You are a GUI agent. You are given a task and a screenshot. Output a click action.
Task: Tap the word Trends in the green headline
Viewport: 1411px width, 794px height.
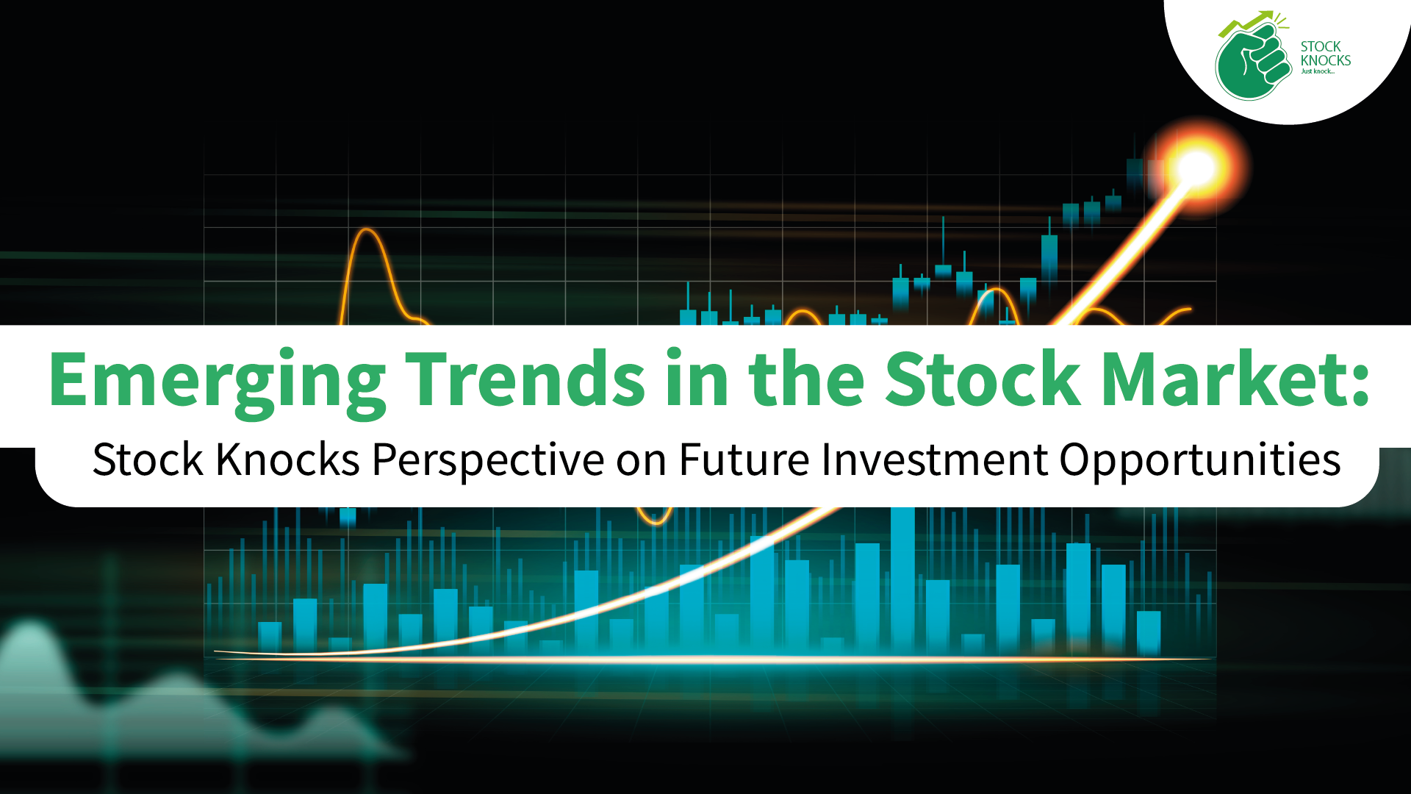click(x=525, y=378)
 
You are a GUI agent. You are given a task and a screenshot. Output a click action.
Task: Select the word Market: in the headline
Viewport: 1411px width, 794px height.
click(x=1235, y=378)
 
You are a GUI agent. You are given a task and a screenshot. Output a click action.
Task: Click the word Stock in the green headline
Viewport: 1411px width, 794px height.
click(x=983, y=378)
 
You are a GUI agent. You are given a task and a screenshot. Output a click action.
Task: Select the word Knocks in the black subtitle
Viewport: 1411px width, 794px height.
click(x=288, y=460)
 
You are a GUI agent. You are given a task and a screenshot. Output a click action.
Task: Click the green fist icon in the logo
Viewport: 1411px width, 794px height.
click(x=1252, y=62)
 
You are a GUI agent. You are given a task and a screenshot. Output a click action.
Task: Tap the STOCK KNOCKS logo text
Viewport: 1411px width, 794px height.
click(x=1325, y=53)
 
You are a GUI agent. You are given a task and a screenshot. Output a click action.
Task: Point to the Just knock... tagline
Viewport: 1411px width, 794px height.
click(x=1317, y=71)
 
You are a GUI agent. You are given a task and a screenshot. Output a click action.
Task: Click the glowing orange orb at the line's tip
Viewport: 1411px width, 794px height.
click(x=1196, y=168)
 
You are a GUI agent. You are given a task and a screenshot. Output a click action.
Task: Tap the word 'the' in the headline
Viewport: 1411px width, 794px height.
click(x=806, y=378)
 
